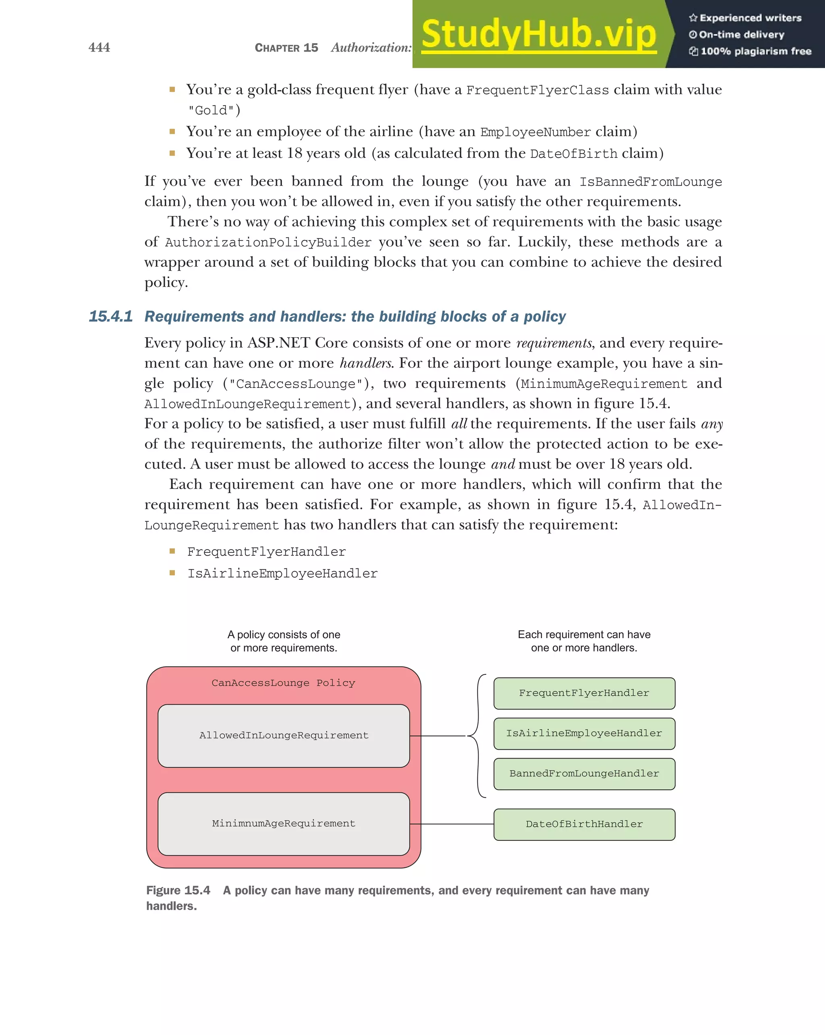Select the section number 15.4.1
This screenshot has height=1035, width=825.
(x=110, y=316)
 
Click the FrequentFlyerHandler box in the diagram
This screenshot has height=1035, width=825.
(x=584, y=693)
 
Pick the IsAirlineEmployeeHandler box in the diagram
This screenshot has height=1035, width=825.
(x=584, y=734)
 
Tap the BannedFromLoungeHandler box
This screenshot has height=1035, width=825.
(x=584, y=774)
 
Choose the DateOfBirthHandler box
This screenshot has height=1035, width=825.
(x=584, y=824)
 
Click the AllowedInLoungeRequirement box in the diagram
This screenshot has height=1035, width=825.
(x=284, y=735)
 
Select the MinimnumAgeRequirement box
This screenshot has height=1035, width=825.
(x=284, y=824)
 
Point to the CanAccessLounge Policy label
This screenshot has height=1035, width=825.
(x=283, y=683)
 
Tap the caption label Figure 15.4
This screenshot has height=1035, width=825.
(x=178, y=890)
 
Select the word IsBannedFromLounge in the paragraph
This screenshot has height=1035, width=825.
(x=650, y=182)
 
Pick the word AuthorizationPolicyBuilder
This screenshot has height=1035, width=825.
(x=268, y=243)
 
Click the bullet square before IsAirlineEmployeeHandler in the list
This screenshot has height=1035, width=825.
(x=172, y=573)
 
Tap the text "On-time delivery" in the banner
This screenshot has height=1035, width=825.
(x=741, y=35)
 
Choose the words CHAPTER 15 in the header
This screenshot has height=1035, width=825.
(x=286, y=48)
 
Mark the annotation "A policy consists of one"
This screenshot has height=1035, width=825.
(x=284, y=635)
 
